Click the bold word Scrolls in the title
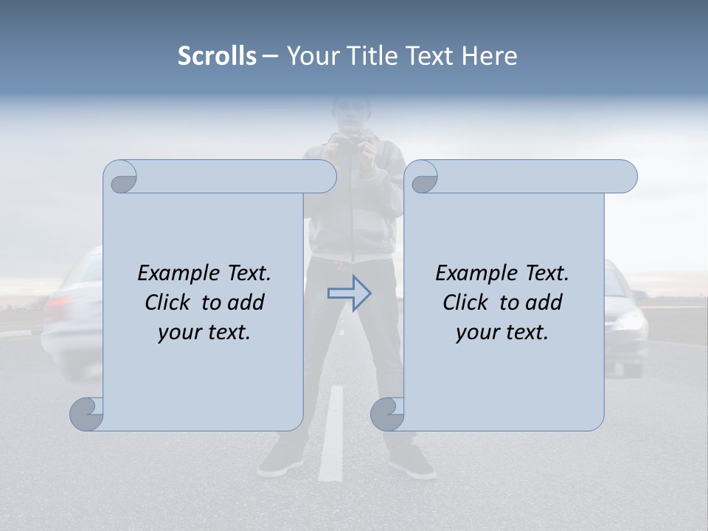click(x=217, y=56)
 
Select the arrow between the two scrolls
click(x=349, y=294)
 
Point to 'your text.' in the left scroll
click(x=204, y=332)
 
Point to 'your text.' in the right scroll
click(x=502, y=332)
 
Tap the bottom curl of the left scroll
click(x=87, y=414)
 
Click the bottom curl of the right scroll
click(x=387, y=414)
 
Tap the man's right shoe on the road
click(x=281, y=461)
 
